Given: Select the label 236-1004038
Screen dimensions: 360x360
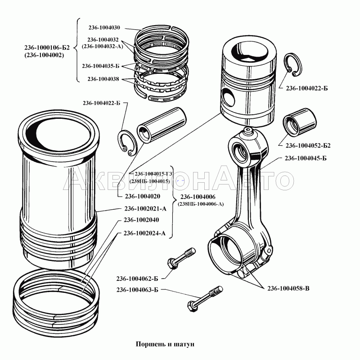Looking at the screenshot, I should point(103,79).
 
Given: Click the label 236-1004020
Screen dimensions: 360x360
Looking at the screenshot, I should point(143,196).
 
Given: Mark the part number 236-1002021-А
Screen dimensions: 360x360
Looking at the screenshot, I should point(145,208).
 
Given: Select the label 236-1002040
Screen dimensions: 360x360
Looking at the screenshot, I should point(141,220).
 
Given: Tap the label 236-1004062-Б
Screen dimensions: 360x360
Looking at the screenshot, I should point(137,277).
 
